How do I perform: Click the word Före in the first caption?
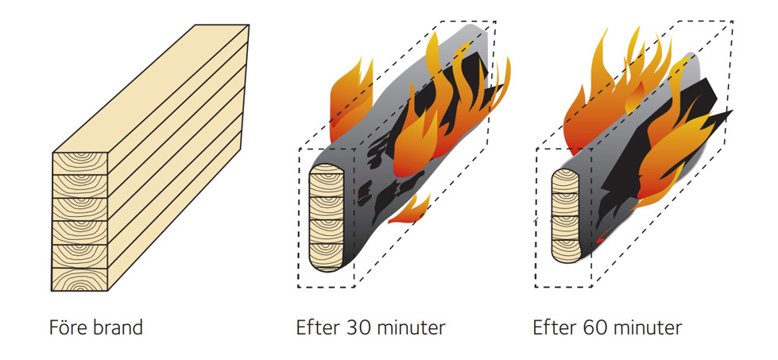coord(66,327)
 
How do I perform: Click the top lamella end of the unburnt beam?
coord(80,162)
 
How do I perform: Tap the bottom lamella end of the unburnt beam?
coord(80,279)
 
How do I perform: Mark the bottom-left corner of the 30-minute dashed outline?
coord(299,287)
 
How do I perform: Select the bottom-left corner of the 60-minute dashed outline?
coord(536,287)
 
